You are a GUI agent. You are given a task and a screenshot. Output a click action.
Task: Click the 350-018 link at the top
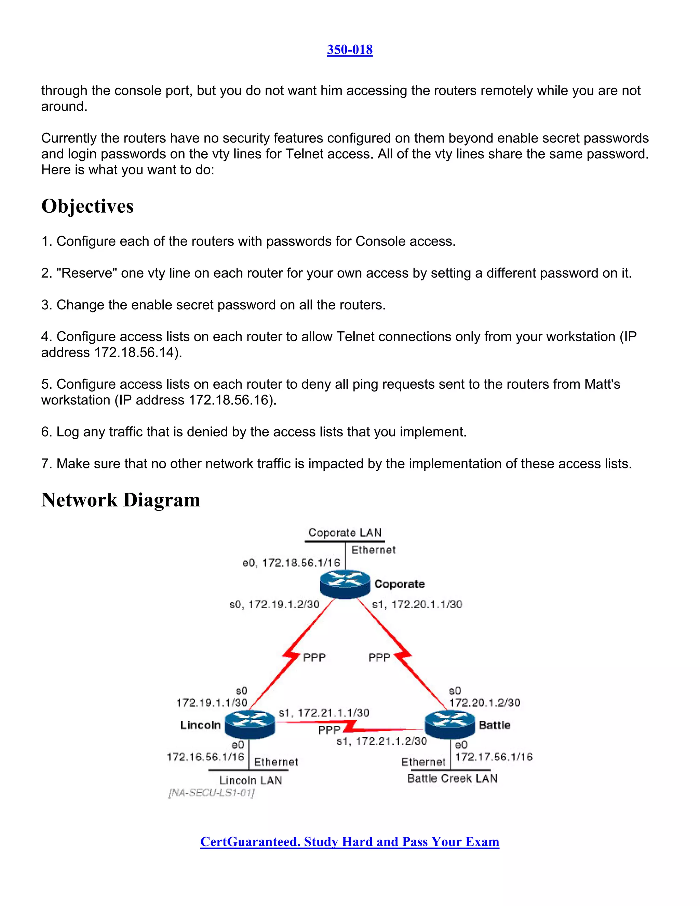tap(350, 50)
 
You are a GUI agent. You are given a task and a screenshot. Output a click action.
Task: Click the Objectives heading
tap(87, 206)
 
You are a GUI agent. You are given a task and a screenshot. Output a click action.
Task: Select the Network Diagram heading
tap(121, 500)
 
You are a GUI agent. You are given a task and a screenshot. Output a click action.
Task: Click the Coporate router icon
tap(345, 584)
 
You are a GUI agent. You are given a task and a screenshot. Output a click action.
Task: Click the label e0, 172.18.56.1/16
tap(291, 563)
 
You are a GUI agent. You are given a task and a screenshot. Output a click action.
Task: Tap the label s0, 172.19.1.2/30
tap(274, 604)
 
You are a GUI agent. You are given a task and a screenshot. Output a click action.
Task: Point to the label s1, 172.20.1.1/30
tap(417, 604)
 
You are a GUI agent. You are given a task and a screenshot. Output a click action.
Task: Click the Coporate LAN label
tap(345, 533)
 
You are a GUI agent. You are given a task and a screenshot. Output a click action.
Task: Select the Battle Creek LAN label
tap(452, 778)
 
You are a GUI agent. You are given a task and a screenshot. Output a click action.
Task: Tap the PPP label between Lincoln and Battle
tap(329, 730)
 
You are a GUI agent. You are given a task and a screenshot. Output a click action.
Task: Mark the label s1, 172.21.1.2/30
tap(381, 741)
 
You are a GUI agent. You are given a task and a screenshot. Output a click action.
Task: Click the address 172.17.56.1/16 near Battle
tap(494, 757)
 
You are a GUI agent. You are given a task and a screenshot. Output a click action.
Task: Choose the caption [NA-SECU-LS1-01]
tap(211, 793)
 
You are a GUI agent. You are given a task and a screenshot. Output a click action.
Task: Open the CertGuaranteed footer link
tap(350, 842)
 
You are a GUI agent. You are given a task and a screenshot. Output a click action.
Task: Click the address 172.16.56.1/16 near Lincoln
tap(205, 757)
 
